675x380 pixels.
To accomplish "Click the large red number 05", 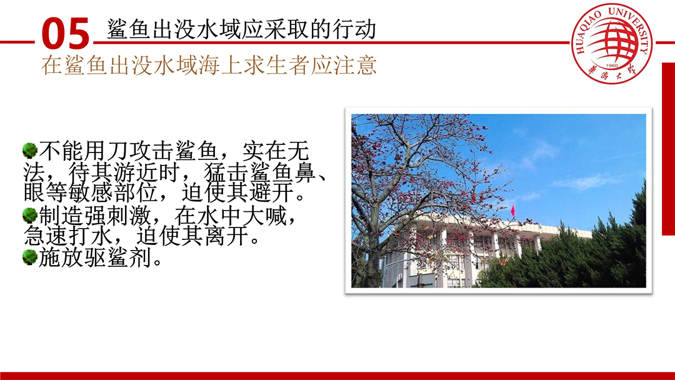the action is tap(66, 34).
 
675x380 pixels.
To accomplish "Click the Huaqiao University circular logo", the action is tap(611, 43).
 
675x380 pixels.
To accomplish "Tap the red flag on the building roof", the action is tap(512, 211).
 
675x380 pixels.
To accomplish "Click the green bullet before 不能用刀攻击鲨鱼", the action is tap(30, 151).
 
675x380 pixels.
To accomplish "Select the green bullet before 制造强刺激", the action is tap(30, 215).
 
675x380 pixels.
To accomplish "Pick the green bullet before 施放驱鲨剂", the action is tap(30, 257).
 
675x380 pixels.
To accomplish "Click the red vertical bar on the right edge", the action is tap(668, 149).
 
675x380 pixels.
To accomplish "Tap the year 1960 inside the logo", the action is tap(612, 66).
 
